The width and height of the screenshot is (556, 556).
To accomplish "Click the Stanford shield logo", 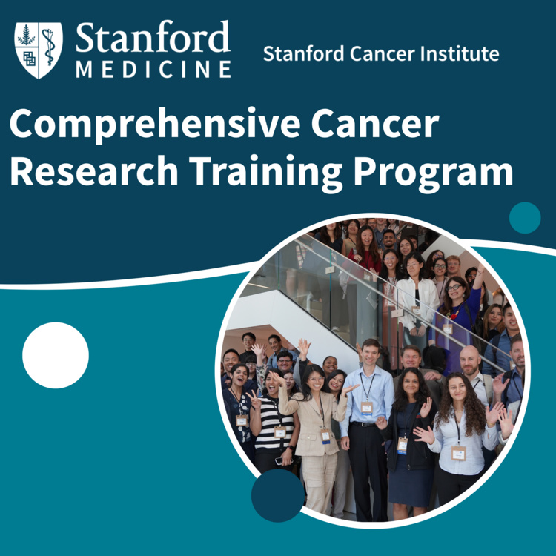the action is click(39, 50).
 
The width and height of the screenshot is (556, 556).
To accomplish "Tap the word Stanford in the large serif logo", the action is click(153, 36).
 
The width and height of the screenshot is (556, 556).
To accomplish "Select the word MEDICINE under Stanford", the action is click(153, 69).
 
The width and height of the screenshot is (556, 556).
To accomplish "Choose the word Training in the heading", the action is click(265, 173).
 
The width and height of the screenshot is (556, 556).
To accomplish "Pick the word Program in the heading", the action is click(434, 173).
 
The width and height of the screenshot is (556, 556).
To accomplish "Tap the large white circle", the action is click(56, 355).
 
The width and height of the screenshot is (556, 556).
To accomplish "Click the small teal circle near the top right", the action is click(525, 218).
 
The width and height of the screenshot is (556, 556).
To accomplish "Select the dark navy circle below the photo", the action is click(278, 495).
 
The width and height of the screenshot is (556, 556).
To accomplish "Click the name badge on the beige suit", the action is click(325, 436).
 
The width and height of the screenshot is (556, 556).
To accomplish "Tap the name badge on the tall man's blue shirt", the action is click(367, 408).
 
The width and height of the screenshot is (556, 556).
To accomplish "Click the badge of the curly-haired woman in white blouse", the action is click(458, 453).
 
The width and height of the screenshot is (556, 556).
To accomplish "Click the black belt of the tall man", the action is click(364, 424).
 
